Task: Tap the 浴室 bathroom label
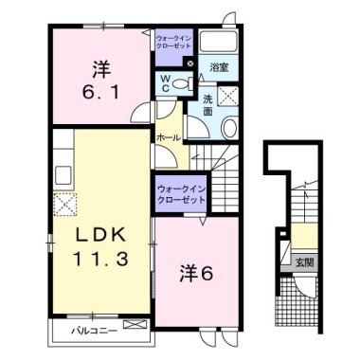point(219,68)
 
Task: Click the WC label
point(166,83)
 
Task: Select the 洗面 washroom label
point(207,105)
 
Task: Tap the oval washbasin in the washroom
point(227,128)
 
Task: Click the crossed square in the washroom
point(227,95)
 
